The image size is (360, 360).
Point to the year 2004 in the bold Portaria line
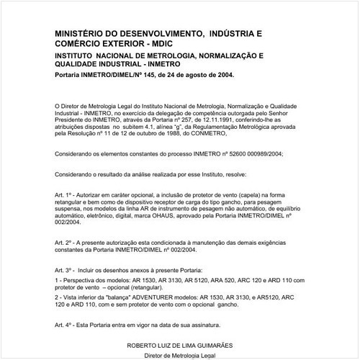tap(222, 73)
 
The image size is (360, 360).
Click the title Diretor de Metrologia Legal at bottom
tap(179, 355)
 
